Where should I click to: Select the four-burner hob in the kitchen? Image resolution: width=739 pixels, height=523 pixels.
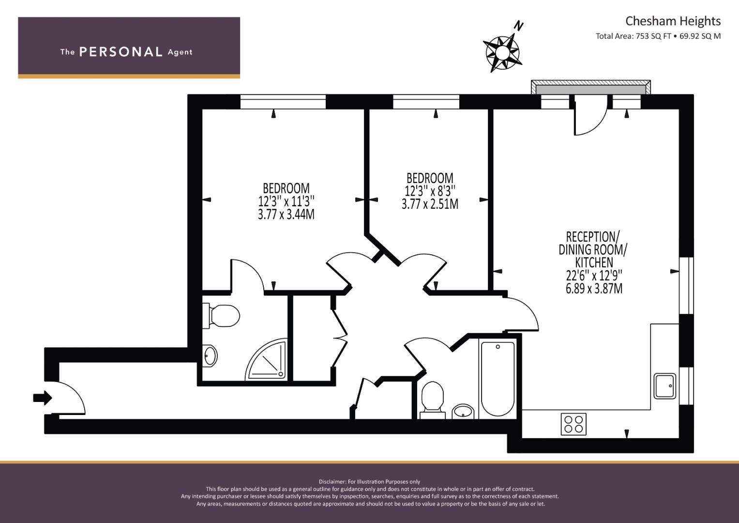(x=573, y=424)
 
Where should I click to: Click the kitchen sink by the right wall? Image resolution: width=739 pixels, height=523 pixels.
(x=664, y=386)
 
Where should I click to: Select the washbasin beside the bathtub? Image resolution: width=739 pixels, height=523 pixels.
(x=463, y=412)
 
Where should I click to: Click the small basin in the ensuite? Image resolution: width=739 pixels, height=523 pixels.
(x=210, y=356)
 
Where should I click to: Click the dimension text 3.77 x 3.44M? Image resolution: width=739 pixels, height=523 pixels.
(x=286, y=214)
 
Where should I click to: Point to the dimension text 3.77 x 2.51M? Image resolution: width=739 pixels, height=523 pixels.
(x=430, y=204)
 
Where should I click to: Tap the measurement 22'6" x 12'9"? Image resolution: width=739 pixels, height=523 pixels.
(x=594, y=276)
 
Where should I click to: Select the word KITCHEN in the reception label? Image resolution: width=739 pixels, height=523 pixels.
(x=594, y=262)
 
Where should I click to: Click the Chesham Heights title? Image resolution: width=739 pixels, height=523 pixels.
(x=672, y=21)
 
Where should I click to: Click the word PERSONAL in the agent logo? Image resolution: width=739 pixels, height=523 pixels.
(x=121, y=52)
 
